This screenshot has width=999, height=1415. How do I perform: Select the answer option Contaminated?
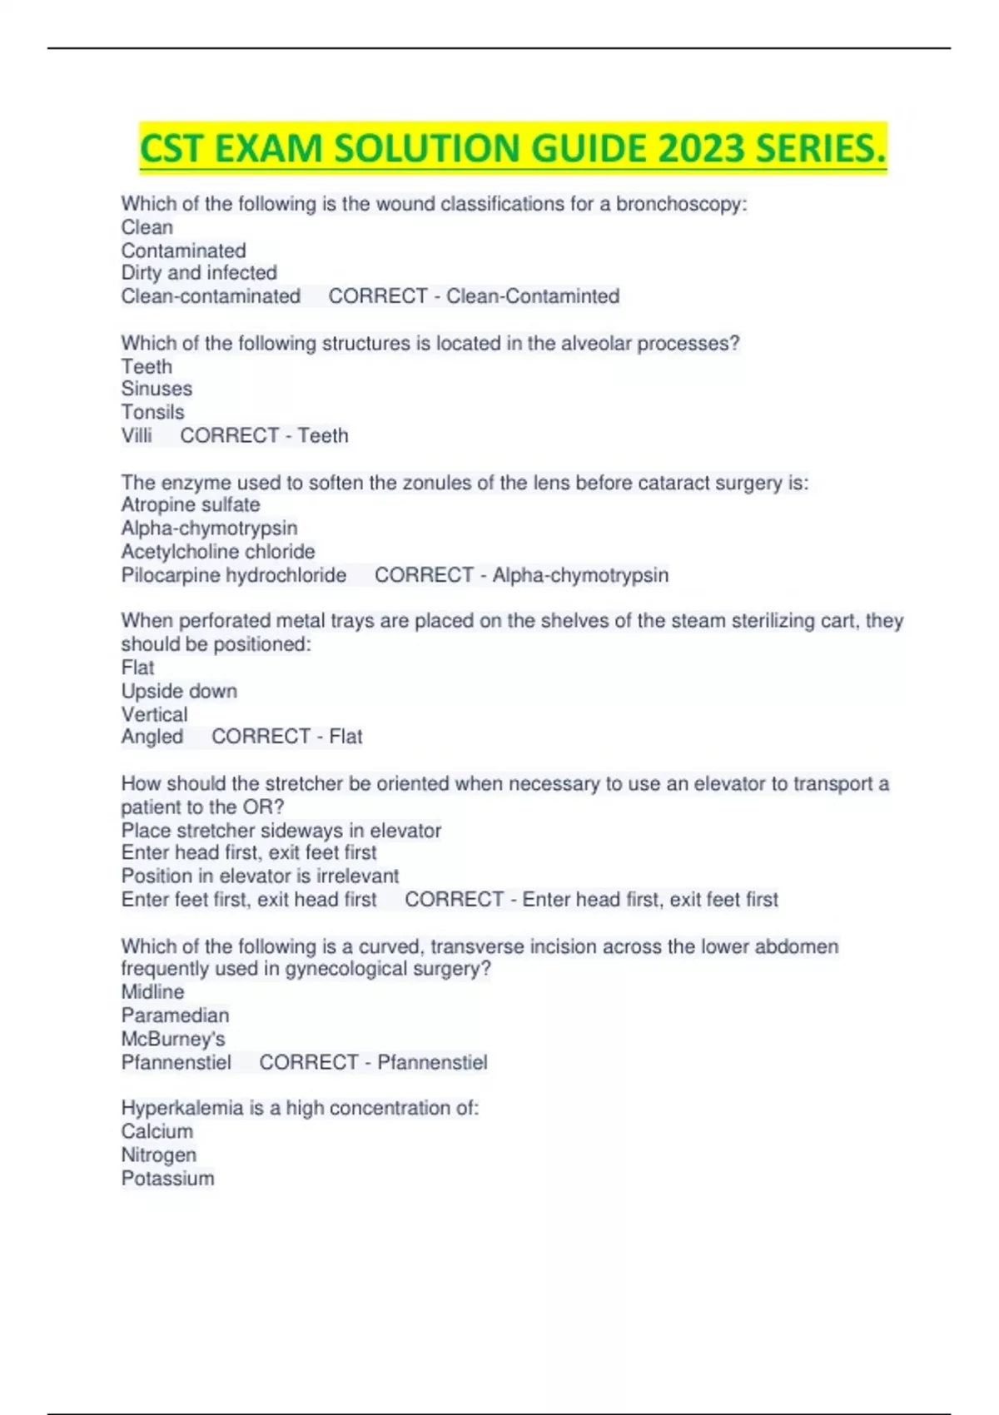(183, 251)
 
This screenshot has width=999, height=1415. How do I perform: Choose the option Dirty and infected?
(199, 273)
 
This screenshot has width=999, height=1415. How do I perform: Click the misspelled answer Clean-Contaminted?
(533, 296)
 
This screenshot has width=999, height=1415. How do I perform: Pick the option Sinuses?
(157, 389)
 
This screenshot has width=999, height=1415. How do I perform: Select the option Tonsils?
(152, 412)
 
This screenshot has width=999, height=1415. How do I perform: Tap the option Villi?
(137, 435)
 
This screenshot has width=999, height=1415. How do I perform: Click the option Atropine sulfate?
(191, 505)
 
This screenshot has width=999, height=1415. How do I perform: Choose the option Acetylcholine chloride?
(218, 552)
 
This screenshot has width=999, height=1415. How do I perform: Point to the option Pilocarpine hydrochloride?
(234, 575)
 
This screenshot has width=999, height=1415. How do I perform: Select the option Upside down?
(179, 691)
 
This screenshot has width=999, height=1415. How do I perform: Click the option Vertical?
(154, 714)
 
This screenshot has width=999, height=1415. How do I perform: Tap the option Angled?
(152, 737)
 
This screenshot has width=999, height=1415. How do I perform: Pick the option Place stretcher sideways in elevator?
(281, 831)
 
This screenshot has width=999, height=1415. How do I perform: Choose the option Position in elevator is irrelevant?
(260, 876)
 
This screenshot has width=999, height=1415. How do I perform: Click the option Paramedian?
(175, 1015)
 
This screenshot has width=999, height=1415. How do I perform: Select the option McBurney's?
(173, 1039)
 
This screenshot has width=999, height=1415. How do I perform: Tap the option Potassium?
(167, 1179)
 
